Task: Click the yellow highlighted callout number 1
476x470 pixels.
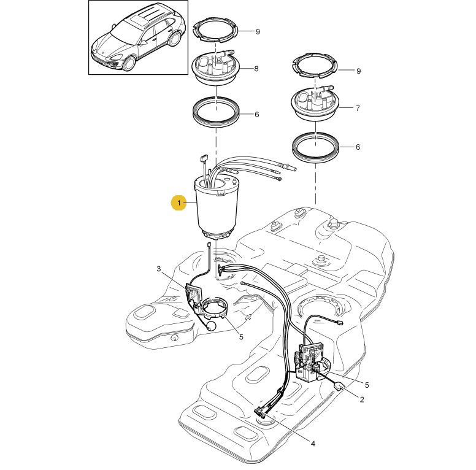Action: pos(178,202)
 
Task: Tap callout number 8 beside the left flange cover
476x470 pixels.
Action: pos(256,69)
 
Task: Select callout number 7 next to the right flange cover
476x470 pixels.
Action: pos(358,108)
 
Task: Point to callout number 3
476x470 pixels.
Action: pos(158,269)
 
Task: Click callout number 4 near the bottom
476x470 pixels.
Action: pos(313,444)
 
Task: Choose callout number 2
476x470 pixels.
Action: pos(361,399)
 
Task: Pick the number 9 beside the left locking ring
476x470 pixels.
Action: pos(258,31)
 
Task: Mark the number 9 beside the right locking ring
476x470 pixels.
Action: pos(358,71)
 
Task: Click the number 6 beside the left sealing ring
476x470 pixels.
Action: pos(257,115)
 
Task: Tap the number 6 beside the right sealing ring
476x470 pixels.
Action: pos(358,147)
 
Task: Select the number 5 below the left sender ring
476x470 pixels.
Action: pos(241,337)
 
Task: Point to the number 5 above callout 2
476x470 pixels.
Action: pos(367,385)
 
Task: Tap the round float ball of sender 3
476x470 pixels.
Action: pos(211,326)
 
